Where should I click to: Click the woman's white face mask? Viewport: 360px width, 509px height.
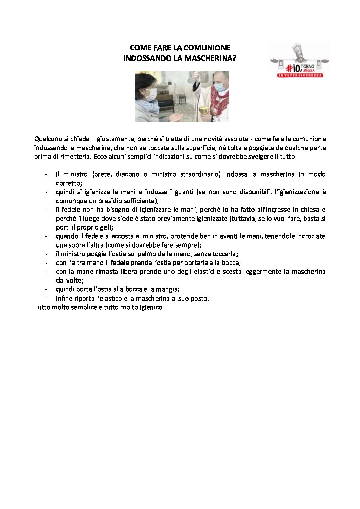click(152, 92)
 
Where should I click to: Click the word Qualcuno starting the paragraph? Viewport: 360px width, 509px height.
click(47, 139)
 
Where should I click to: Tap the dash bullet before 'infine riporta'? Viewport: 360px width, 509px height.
click(46, 298)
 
